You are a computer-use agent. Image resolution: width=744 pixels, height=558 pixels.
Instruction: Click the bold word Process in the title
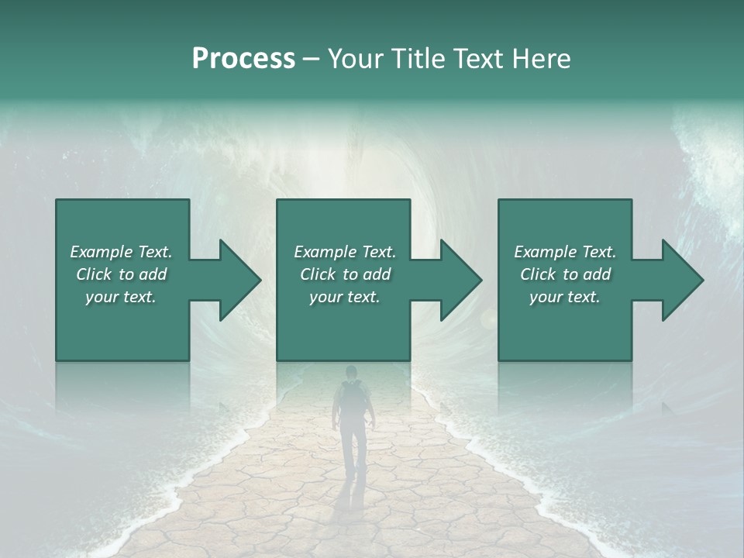point(243,59)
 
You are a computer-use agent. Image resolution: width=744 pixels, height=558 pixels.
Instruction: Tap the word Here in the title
point(540,59)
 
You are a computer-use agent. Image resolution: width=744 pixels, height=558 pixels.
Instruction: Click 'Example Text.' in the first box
point(121,252)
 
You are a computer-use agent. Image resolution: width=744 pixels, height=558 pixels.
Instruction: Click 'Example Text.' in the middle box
point(345,252)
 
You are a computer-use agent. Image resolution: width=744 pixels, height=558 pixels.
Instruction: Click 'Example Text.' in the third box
point(565,252)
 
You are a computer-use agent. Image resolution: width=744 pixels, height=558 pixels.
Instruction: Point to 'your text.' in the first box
point(121,297)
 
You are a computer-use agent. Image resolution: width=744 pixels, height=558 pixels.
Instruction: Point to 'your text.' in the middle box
point(345,297)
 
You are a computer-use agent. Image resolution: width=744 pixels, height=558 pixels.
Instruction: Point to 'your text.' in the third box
point(565,297)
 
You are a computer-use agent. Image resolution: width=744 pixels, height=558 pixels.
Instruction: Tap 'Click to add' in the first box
point(121,274)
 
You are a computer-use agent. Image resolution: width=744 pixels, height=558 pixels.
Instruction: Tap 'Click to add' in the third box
point(565,274)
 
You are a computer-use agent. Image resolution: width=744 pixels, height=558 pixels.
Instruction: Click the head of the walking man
point(351,373)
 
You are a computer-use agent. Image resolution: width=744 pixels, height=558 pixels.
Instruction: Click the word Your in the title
point(356,59)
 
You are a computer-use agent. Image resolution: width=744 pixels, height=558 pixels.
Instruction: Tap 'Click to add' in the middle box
point(345,274)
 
